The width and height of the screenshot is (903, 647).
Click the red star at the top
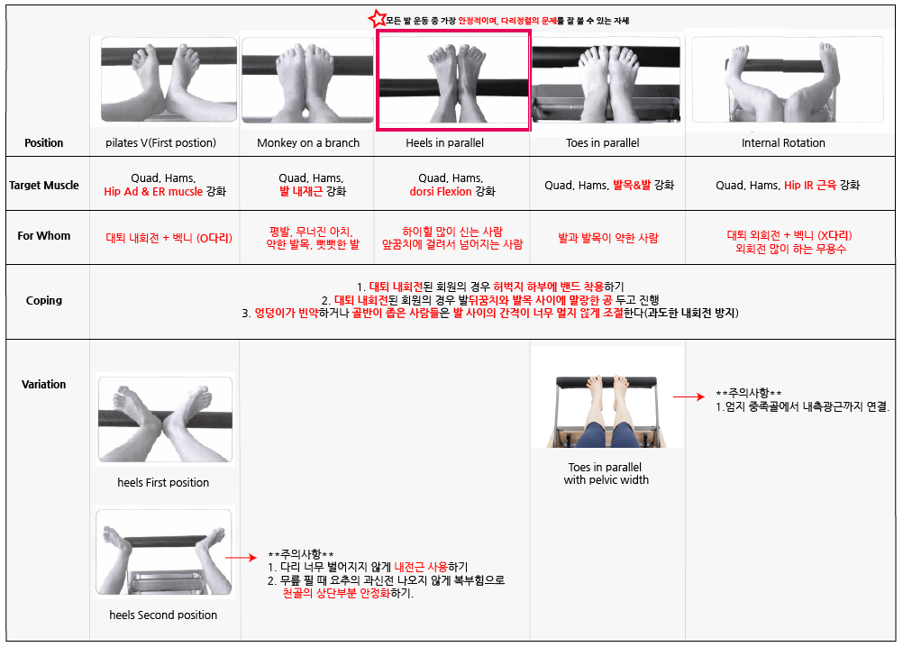pos(378,19)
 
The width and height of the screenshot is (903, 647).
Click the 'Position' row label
pos(44,142)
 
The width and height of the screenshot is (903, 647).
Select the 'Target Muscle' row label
pos(44,186)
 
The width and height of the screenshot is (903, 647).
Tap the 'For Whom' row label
pos(44,235)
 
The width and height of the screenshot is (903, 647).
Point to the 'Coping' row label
pos(44,300)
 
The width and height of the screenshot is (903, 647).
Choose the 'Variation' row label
pos(44,385)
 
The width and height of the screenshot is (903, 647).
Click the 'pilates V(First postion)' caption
pos(160,142)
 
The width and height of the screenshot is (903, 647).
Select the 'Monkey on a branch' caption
pos(308,142)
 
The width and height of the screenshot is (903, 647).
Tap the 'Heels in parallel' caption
pos(444,142)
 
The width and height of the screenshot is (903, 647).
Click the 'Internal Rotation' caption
pos(783,142)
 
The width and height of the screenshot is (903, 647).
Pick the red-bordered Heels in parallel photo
pos(453,80)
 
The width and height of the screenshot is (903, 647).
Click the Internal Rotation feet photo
pos(788,79)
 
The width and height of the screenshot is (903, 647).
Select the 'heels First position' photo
pos(165,419)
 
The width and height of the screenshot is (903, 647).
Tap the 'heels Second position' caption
pos(163,615)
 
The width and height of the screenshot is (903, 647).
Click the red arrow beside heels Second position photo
pos(240,557)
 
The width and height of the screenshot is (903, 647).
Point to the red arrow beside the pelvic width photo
pos(689,396)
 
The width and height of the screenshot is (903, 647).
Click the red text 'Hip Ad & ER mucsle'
pos(153,192)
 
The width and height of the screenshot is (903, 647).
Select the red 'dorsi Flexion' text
pos(441,192)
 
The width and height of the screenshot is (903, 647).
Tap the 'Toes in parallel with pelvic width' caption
pos(606,473)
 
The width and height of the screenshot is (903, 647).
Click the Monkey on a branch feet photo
pos(307,80)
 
